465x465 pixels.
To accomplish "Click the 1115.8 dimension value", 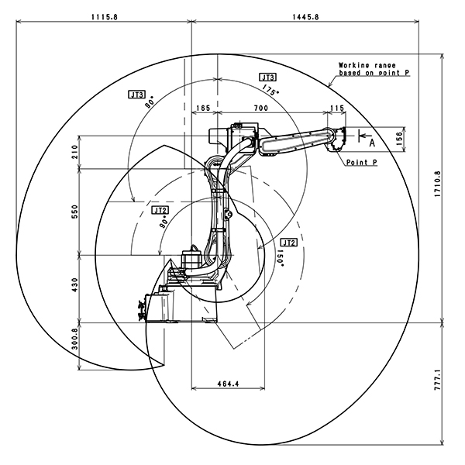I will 104,15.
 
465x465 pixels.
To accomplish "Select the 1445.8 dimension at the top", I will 306,15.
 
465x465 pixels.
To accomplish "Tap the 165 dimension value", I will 204,109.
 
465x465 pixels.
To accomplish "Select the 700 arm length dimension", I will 260,109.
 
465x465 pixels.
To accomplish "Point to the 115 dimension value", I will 336,109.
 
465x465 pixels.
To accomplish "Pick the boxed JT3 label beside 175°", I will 267,77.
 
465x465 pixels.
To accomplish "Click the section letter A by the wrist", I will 371,143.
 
